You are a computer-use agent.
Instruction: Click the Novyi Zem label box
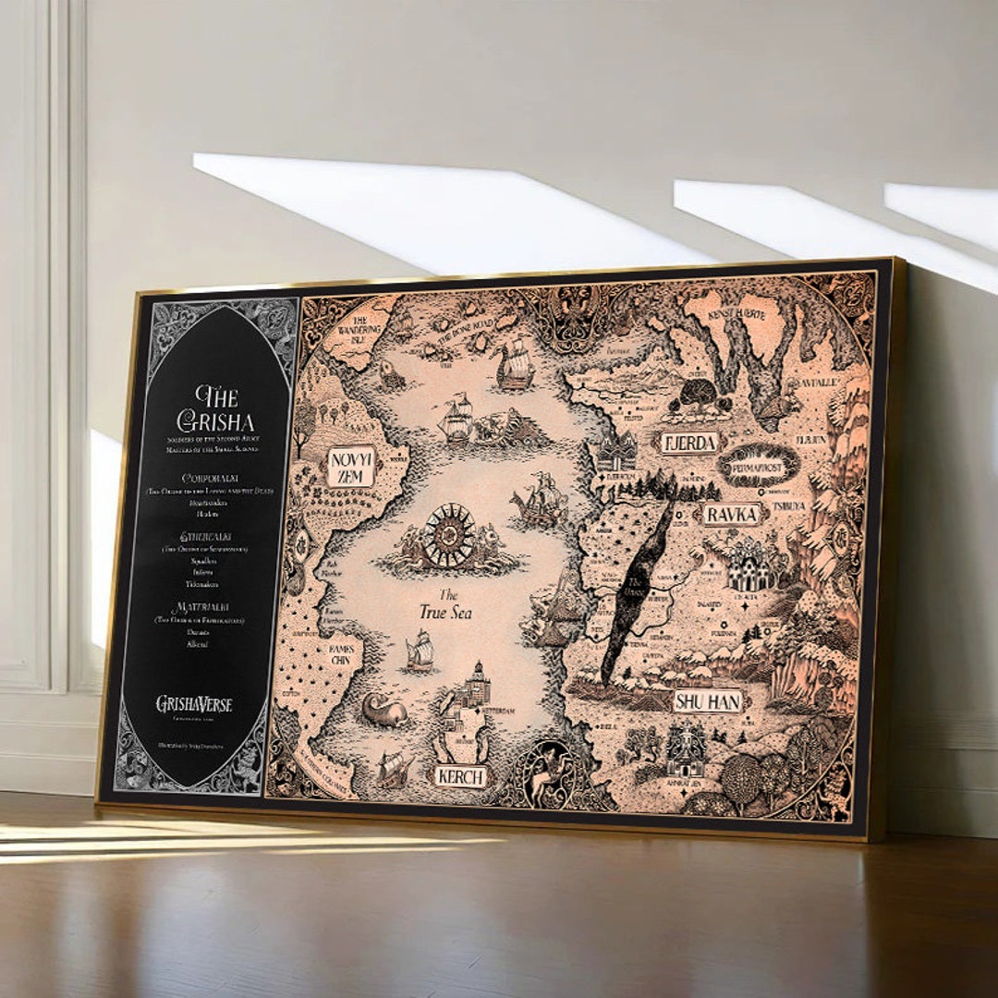[x=351, y=466]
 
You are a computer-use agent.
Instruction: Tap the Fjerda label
[x=688, y=444]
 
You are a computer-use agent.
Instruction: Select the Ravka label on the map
[x=731, y=514]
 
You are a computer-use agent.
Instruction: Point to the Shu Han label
[x=708, y=701]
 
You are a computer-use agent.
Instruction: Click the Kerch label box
[x=459, y=776]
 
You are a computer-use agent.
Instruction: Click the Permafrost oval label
[x=758, y=465]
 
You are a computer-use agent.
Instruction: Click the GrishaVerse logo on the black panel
[x=194, y=704]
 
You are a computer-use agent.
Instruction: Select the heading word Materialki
[x=201, y=607]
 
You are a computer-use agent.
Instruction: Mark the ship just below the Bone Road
[x=515, y=365]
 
